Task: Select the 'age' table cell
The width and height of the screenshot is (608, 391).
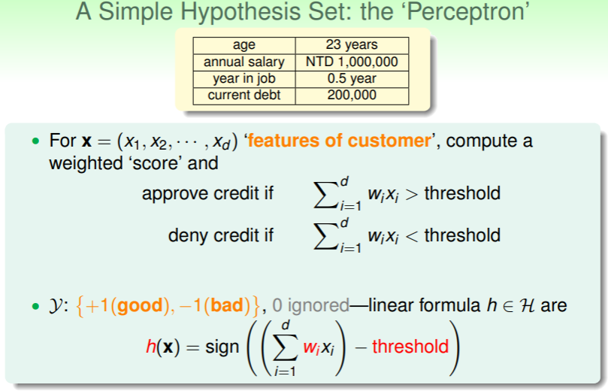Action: [x=244, y=45]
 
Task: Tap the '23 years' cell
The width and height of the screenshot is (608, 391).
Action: [x=352, y=45]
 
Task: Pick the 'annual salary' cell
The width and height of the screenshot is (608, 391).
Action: [x=244, y=62]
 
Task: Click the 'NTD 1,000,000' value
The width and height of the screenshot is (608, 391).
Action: [x=352, y=62]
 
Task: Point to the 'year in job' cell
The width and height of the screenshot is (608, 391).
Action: [x=244, y=79]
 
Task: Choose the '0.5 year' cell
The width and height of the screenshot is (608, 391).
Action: [x=352, y=79]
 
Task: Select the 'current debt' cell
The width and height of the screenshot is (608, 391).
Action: [x=244, y=95]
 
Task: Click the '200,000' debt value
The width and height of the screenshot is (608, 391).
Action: [x=352, y=95]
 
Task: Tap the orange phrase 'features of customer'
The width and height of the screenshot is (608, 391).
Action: [x=339, y=141]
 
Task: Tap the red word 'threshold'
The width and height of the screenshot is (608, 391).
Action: [x=410, y=347]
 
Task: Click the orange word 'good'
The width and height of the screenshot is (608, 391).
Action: [x=140, y=306]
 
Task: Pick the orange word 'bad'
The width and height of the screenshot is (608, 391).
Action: [x=227, y=306]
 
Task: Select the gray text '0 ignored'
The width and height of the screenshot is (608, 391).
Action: [x=310, y=306]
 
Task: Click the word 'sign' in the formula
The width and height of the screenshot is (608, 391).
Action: [x=222, y=347]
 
